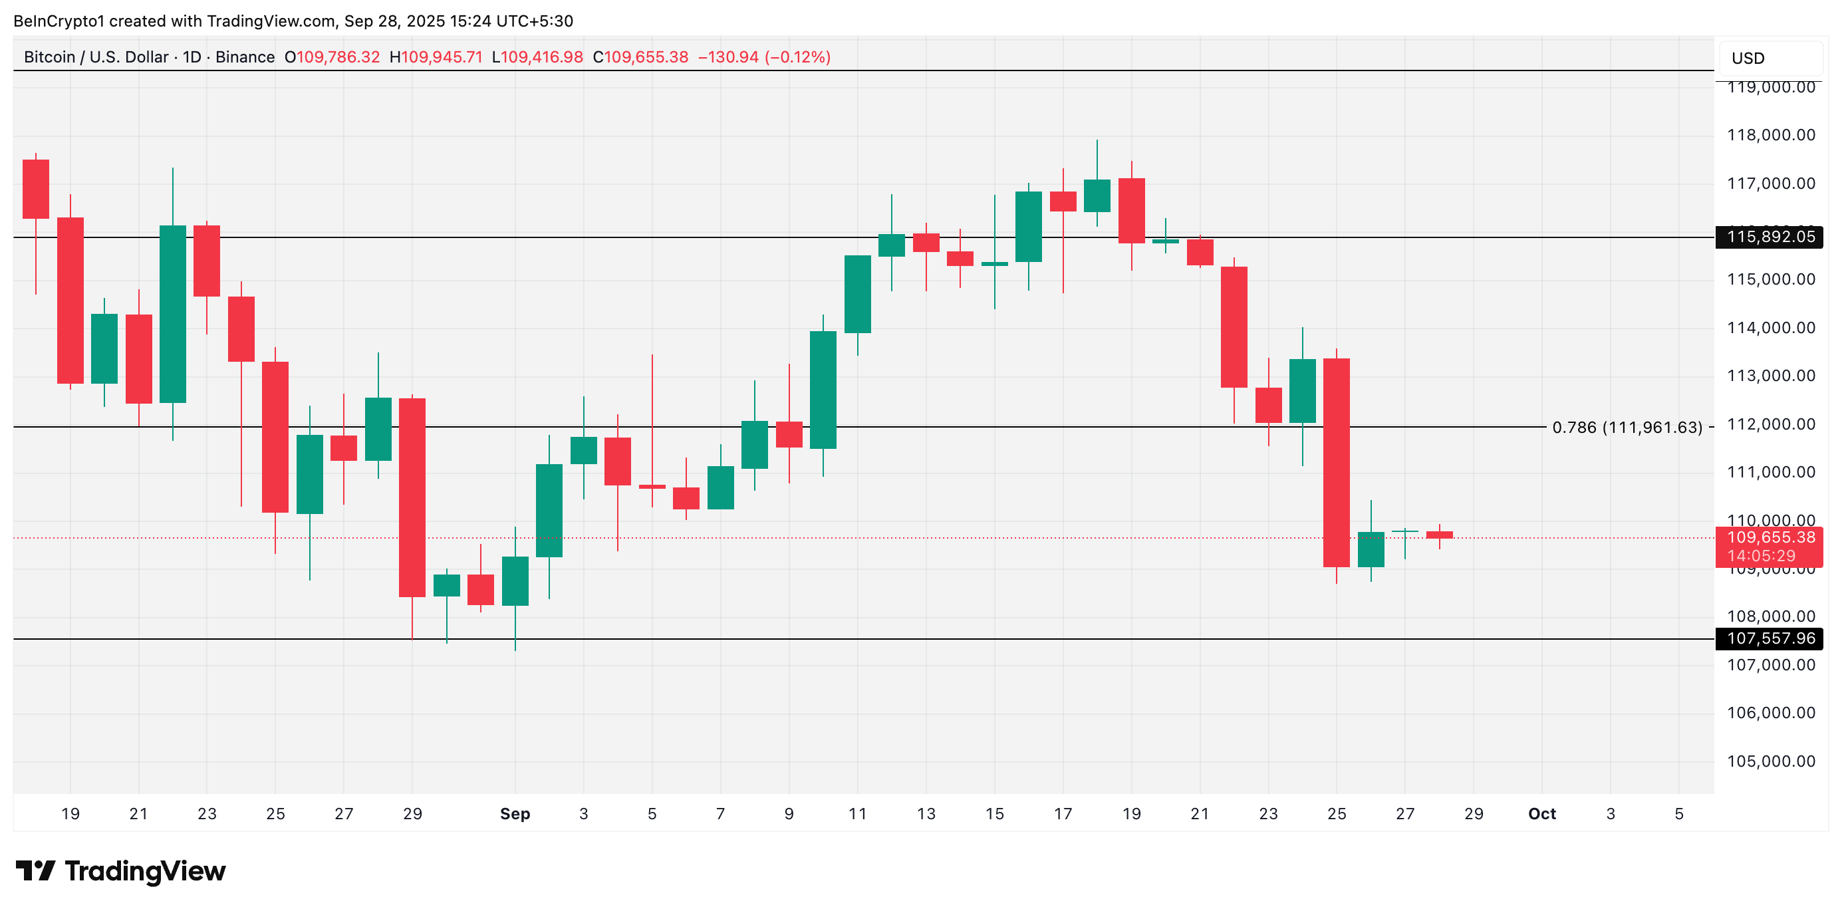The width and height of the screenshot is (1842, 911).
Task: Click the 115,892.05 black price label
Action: [x=1769, y=237]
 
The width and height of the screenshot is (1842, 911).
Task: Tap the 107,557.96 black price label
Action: [x=1769, y=638]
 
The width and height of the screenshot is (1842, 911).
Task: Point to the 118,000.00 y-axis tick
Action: [x=1770, y=135]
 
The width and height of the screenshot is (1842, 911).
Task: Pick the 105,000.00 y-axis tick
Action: [x=1770, y=761]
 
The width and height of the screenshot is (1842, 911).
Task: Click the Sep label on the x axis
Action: [x=515, y=814]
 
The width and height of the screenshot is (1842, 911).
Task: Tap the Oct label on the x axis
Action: [x=1541, y=814]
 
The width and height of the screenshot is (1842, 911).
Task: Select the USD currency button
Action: [x=1768, y=59]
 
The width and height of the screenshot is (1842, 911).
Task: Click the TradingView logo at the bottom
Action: [x=120, y=871]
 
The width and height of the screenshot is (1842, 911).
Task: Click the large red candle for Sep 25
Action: [x=1337, y=462]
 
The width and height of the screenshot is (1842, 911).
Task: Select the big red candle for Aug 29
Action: [x=412, y=497]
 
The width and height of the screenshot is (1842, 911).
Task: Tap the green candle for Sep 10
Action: [x=823, y=390]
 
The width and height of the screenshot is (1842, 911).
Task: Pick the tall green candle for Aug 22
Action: [x=172, y=314]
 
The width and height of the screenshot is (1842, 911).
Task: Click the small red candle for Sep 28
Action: [x=1440, y=535]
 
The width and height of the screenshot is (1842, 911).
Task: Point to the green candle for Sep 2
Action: [x=549, y=510]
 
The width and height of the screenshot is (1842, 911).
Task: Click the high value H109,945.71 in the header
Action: [x=436, y=57]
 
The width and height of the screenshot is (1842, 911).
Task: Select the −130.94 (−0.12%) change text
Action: [x=763, y=57]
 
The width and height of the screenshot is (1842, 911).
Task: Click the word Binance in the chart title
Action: [x=245, y=57]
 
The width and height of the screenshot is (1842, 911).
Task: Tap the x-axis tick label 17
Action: [x=1063, y=814]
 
